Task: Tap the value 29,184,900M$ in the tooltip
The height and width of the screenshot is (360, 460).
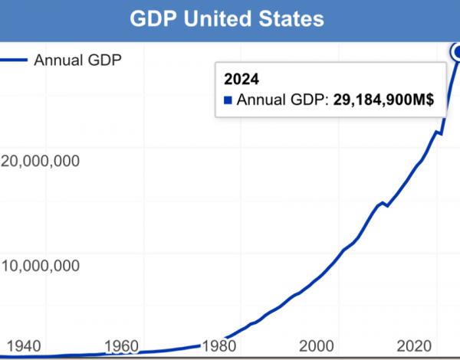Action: pyautogui.click(x=389, y=100)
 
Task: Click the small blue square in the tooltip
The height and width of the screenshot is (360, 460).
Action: pyautogui.click(x=227, y=100)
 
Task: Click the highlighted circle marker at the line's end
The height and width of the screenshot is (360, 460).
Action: pyautogui.click(x=457, y=52)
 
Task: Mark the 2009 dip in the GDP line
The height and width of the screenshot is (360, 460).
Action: pyautogui.click(x=386, y=205)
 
